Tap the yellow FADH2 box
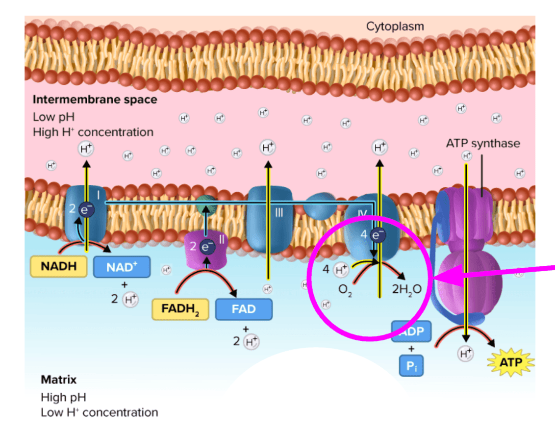point(180,309)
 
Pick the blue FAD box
point(244,309)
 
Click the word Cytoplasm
point(395,26)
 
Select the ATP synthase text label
point(482,144)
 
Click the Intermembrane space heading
point(95,100)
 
